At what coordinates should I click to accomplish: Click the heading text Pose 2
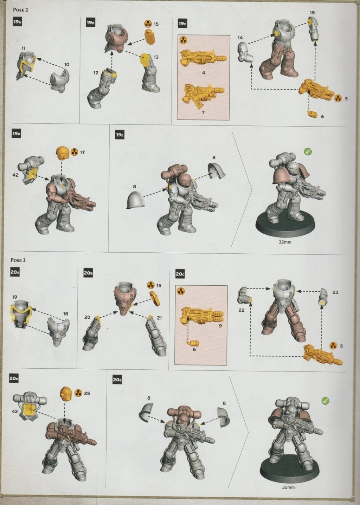20,10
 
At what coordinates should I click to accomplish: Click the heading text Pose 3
18,260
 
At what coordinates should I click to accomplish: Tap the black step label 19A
17,22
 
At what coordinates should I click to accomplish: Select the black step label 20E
117,380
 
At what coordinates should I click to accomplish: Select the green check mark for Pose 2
308,152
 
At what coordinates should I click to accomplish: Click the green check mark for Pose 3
325,401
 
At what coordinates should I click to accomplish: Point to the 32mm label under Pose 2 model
284,242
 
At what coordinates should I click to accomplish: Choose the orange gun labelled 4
202,58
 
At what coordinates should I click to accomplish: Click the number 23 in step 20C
335,292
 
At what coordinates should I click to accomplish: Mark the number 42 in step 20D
15,411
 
